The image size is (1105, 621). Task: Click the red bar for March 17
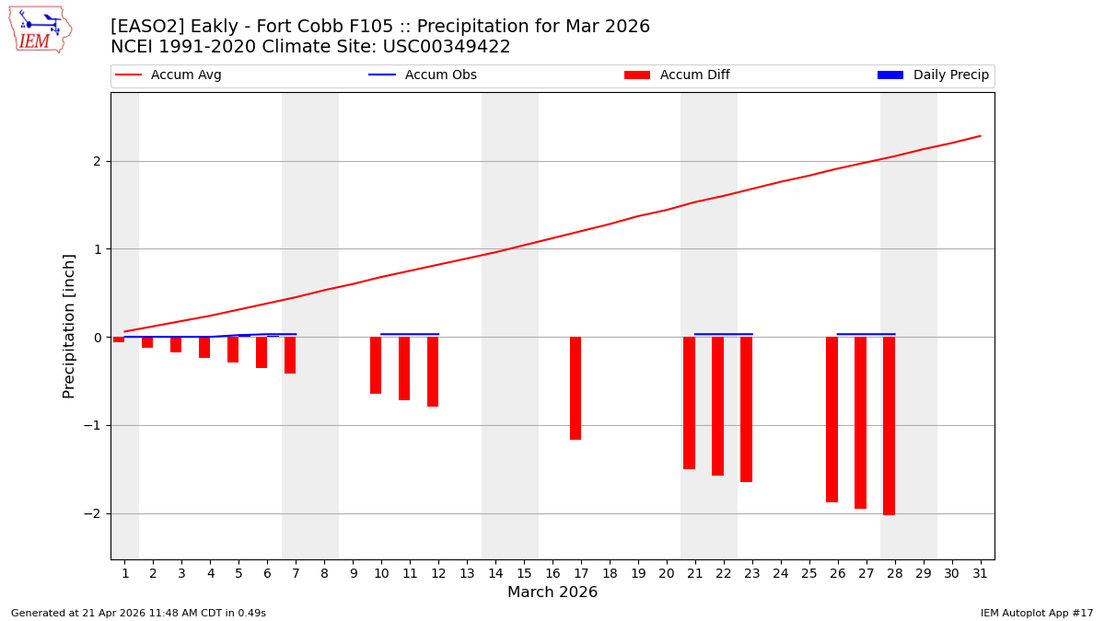pyautogui.click(x=576, y=388)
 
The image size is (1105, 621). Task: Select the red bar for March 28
pyautogui.click(x=889, y=426)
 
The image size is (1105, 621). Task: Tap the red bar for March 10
pyautogui.click(x=376, y=365)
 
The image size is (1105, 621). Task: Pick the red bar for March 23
pyautogui.click(x=746, y=409)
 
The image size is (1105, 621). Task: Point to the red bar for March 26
pyautogui.click(x=832, y=420)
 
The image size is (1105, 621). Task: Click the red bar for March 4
pyautogui.click(x=204, y=348)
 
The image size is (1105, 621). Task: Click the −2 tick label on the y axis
pyautogui.click(x=92, y=513)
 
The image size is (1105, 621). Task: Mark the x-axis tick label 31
pyautogui.click(x=980, y=574)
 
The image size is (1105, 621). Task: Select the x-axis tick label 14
pyautogui.click(x=495, y=574)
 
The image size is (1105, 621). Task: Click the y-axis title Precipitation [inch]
pyautogui.click(x=70, y=326)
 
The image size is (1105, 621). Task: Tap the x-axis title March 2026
pyautogui.click(x=552, y=592)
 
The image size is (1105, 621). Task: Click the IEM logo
pyautogui.click(x=40, y=29)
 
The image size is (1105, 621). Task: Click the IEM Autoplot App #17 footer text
pyautogui.click(x=1037, y=613)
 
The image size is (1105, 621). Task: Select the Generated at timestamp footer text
pyautogui.click(x=138, y=613)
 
